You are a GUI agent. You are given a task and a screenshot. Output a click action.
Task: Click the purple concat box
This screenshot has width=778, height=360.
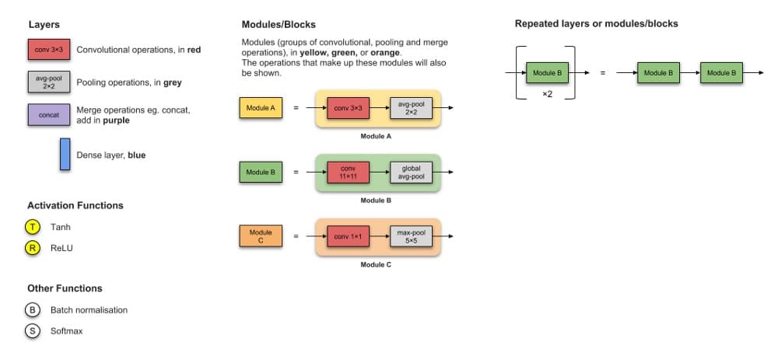click(x=49, y=114)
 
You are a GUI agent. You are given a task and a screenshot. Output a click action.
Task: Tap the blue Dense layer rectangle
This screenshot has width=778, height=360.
click(x=65, y=154)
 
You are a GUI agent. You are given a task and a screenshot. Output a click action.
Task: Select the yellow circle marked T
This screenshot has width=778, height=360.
click(x=31, y=227)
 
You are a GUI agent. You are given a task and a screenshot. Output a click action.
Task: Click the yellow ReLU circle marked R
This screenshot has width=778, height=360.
click(x=31, y=248)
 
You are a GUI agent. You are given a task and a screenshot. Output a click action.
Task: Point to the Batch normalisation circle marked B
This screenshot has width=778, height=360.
click(x=31, y=309)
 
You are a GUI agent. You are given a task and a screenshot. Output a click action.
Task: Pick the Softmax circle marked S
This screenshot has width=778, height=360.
click(x=31, y=330)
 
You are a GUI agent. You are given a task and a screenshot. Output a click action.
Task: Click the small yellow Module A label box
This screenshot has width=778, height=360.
click(x=261, y=108)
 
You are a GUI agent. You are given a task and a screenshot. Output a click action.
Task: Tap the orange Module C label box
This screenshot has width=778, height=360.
click(x=261, y=236)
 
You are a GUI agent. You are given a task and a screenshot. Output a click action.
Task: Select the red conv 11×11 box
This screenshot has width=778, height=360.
click(x=348, y=172)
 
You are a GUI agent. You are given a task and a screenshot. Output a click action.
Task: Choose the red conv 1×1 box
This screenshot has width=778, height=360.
click(x=348, y=236)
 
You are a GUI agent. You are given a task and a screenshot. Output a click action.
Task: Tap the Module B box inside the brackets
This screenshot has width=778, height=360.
click(x=548, y=73)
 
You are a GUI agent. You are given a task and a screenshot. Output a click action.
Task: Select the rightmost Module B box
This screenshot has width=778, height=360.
click(x=721, y=73)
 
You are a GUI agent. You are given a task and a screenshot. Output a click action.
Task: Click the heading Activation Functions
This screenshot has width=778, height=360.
click(x=75, y=205)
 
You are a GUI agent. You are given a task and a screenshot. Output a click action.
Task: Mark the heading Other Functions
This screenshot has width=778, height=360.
click(x=65, y=288)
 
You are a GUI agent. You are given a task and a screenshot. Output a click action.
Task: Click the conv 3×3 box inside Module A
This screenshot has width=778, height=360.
click(x=348, y=108)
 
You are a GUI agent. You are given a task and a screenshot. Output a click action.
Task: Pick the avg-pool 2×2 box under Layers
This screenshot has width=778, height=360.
click(x=49, y=82)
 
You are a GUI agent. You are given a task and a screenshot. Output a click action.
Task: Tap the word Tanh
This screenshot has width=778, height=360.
click(x=61, y=227)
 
